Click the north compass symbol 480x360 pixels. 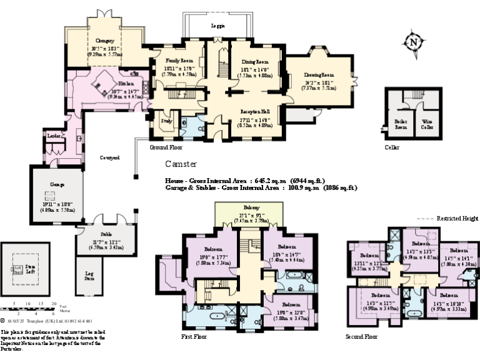coord(413,42)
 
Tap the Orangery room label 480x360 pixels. coord(105,41)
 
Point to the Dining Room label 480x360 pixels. coord(254,62)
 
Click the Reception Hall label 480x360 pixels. coord(256,111)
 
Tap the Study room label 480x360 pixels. coord(166,121)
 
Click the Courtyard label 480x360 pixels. coord(110,157)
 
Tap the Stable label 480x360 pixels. coord(97,234)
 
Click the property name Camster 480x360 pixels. coord(181,164)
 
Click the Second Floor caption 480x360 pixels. coord(362,336)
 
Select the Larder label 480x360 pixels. coord(52,136)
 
